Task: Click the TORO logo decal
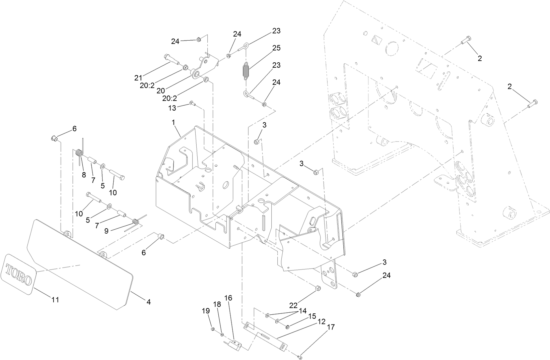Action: pyautogui.click(x=19, y=274)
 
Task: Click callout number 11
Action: pyautogui.click(x=55, y=300)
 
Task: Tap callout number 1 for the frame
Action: pyautogui.click(x=174, y=123)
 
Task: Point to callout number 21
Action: pyautogui.click(x=138, y=78)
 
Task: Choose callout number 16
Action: pyautogui.click(x=228, y=298)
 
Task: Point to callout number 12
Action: pyautogui.click(x=321, y=321)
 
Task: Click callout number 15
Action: pyautogui.click(x=312, y=316)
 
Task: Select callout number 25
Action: pyautogui.click(x=276, y=48)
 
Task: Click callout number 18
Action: pyautogui.click(x=217, y=304)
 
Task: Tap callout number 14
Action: pyautogui.click(x=302, y=310)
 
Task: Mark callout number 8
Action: pyautogui.click(x=84, y=175)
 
